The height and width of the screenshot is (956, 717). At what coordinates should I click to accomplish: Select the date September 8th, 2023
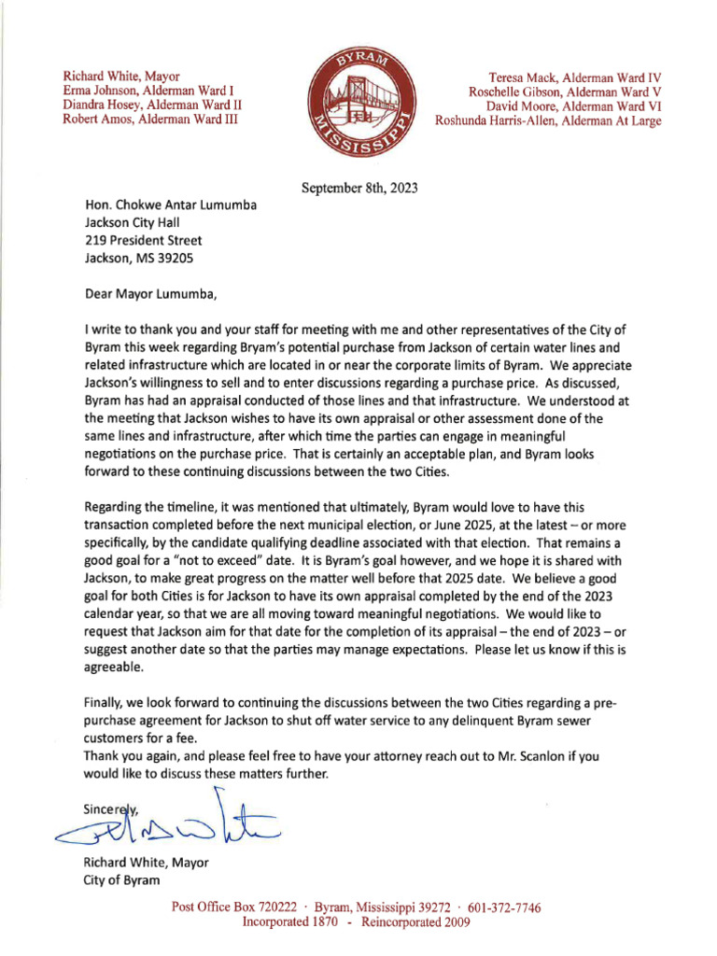(x=359, y=188)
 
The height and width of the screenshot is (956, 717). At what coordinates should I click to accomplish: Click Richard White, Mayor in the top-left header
(x=121, y=76)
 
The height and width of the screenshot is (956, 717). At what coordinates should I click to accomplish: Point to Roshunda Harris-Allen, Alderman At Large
(x=548, y=120)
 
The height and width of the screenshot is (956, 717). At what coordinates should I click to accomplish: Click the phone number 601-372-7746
(x=504, y=907)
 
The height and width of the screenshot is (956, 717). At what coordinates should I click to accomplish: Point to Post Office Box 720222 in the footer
(x=234, y=907)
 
